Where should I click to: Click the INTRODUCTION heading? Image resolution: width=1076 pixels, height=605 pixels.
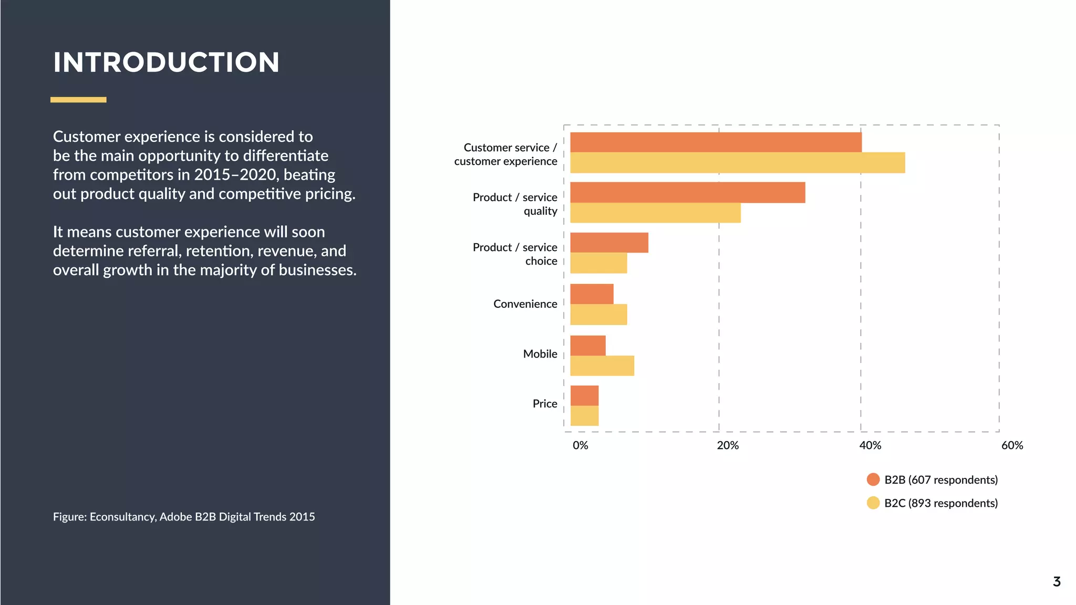166,62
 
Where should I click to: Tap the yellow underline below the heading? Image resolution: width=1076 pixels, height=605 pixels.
78,99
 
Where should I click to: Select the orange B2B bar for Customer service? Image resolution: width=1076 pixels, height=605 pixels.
716,142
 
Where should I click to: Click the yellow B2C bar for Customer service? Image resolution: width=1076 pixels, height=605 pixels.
737,163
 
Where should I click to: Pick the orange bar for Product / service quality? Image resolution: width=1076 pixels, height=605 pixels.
687,192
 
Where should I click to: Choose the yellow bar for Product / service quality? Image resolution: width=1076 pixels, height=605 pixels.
655,213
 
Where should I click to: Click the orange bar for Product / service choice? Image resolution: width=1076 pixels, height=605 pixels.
609,243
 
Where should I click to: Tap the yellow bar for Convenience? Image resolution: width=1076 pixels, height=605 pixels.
598,315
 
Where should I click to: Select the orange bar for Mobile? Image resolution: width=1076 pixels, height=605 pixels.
588,346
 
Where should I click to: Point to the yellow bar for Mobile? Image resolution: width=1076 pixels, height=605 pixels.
602,366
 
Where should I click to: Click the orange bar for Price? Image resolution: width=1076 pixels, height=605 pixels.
584,395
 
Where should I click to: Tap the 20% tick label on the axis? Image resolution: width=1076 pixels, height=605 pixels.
727,445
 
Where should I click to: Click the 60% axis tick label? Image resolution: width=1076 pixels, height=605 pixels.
1012,445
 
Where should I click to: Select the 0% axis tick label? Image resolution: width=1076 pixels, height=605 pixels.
580,445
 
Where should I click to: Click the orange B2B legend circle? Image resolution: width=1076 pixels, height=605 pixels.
873,479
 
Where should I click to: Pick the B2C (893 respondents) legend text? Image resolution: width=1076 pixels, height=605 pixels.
940,503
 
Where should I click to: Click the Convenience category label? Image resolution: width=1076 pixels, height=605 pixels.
525,304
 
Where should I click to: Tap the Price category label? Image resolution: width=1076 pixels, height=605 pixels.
544,404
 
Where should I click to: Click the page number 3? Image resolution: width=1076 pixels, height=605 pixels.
1057,582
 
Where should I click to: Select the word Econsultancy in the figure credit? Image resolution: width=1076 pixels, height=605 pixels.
123,517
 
